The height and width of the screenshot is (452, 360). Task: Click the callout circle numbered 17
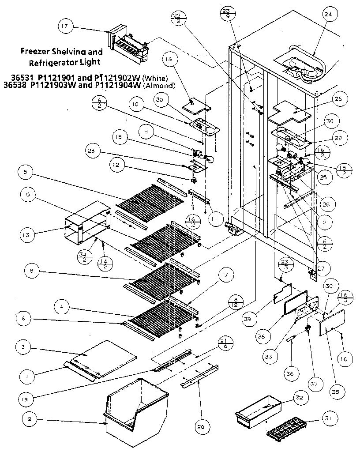[x=65, y=26]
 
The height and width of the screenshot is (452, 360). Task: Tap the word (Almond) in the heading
[x=164, y=85]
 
